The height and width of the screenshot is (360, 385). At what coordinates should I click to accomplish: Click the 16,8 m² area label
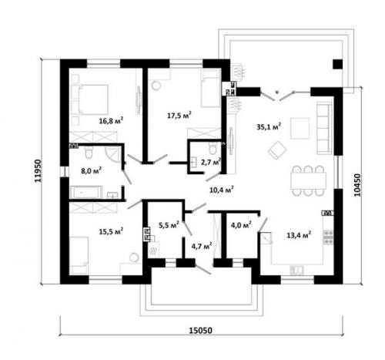[111, 120]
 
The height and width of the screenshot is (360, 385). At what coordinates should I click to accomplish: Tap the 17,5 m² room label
[179, 115]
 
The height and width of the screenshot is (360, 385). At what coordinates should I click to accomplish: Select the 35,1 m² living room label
[269, 126]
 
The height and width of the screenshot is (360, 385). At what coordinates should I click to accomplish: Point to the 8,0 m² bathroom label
[91, 170]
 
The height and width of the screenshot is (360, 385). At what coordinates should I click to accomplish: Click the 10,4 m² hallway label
[222, 190]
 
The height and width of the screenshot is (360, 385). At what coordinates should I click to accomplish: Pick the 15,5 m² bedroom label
[111, 231]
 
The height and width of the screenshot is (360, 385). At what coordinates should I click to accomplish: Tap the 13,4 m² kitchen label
[299, 234]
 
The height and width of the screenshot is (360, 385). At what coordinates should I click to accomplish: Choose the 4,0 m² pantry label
[241, 225]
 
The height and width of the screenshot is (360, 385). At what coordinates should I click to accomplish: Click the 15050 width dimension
[201, 331]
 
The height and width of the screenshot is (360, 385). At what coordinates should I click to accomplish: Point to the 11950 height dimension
[38, 171]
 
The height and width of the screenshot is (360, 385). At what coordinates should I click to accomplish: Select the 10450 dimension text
[357, 185]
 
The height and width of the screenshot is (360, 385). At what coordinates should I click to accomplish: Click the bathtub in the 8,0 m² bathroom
[85, 192]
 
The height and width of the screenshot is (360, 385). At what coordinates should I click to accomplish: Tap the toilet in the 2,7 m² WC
[213, 148]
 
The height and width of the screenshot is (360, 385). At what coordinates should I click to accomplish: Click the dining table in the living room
[308, 180]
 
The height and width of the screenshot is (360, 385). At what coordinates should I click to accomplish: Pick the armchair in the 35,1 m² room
[277, 150]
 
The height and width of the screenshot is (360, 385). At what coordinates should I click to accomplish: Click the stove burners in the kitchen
[328, 237]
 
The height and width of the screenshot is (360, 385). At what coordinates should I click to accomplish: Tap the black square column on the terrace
[337, 64]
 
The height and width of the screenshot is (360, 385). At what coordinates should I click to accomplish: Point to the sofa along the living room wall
[324, 128]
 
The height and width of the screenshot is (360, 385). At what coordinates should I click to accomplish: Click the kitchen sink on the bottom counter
[296, 271]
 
